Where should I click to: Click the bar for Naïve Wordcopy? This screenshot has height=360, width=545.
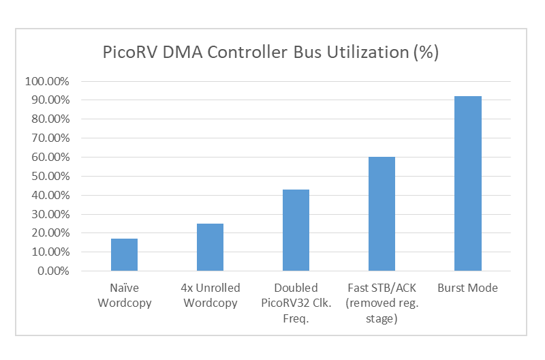[x=124, y=254]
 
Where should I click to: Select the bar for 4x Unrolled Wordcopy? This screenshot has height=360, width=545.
[x=210, y=247]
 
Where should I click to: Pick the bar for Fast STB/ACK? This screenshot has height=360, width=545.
[x=381, y=213]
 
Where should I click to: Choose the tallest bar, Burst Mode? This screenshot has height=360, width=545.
[x=467, y=183]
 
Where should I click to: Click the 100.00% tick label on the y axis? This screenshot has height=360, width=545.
[x=46, y=81]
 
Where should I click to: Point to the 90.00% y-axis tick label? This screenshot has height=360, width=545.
[x=49, y=100]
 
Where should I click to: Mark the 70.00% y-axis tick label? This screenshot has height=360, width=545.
[x=49, y=138]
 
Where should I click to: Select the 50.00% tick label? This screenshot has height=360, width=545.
[x=49, y=177]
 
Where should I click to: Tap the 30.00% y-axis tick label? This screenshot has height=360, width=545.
[x=49, y=214]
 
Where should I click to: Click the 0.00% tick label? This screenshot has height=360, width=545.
[x=52, y=271]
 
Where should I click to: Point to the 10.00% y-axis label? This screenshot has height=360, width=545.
[x=49, y=252]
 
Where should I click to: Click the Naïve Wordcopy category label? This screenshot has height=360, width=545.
[x=124, y=295]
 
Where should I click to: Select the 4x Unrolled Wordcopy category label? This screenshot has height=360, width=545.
[x=210, y=295]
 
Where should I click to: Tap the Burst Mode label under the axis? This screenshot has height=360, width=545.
[x=467, y=288]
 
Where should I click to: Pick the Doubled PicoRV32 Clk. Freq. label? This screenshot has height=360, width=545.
[x=296, y=302]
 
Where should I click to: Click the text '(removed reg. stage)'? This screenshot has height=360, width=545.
[x=381, y=310]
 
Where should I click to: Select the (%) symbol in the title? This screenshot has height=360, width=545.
[x=426, y=52]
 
